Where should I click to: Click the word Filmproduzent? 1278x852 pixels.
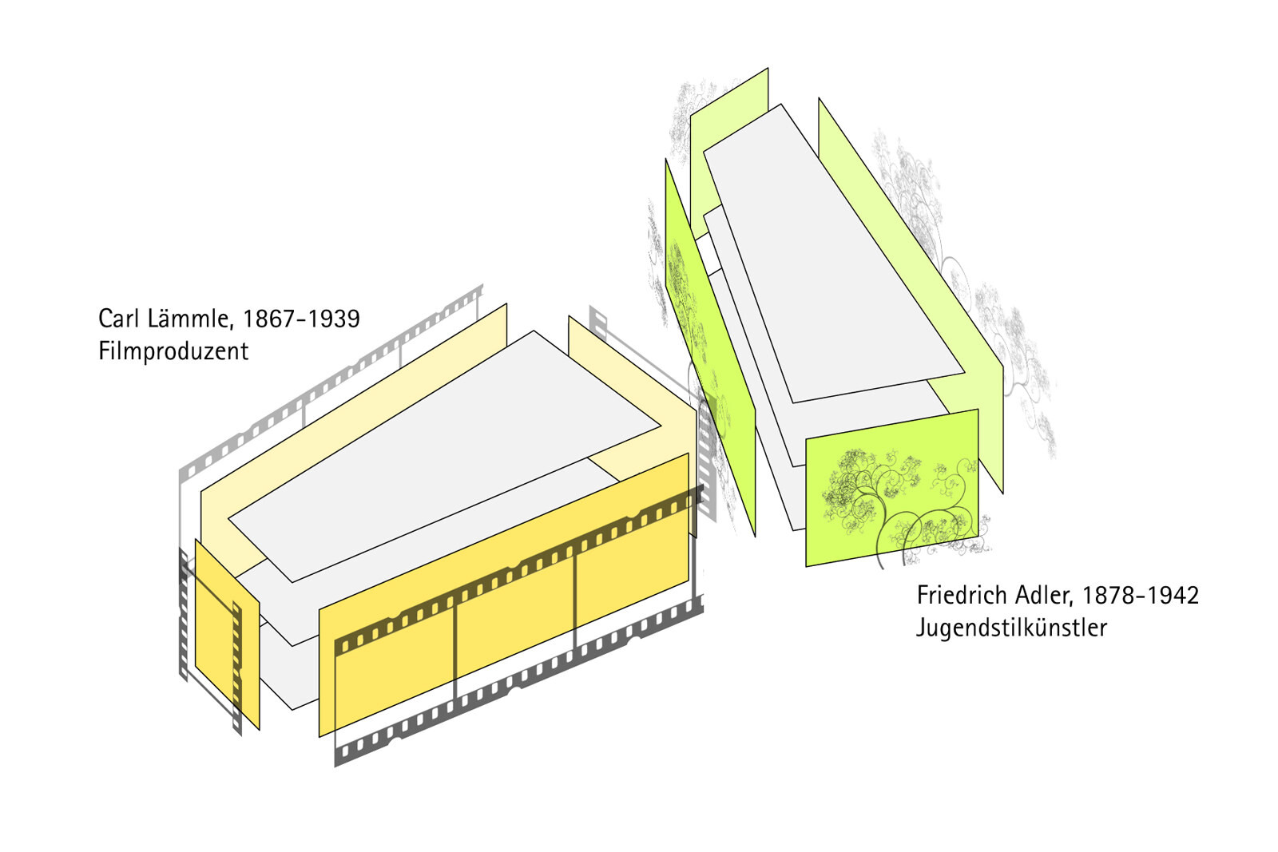click(173, 351)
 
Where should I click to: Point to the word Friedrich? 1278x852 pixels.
click(962, 596)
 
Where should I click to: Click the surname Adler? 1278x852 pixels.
click(1044, 596)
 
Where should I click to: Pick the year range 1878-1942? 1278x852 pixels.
click(1141, 596)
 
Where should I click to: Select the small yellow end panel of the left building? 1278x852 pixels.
click(227, 634)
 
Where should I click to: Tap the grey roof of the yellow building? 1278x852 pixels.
click(445, 456)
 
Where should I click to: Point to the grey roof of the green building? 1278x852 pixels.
click(834, 254)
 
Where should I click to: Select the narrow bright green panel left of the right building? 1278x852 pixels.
click(710, 348)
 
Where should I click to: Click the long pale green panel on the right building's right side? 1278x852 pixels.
click(911, 295)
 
